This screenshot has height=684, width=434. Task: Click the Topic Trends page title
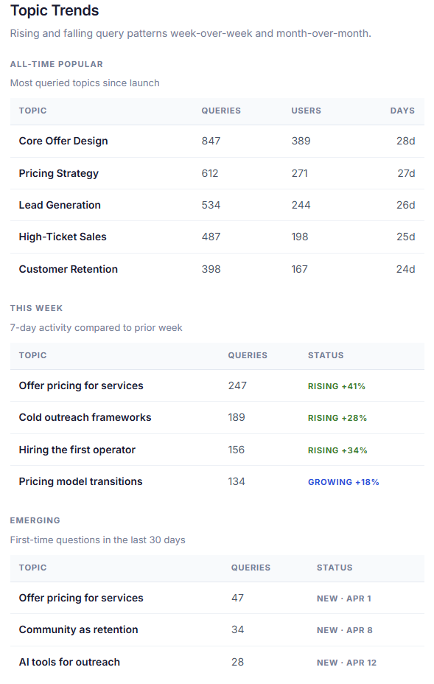pyautogui.click(x=55, y=11)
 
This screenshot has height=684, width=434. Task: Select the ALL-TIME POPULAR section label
pyautogui.click(x=57, y=64)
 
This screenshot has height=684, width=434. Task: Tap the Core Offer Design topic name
pyautogui.click(x=63, y=141)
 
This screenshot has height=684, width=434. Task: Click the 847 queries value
pyautogui.click(x=211, y=141)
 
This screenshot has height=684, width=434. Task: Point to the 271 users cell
pyautogui.click(x=299, y=173)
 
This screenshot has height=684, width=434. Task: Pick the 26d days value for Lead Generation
pyautogui.click(x=405, y=205)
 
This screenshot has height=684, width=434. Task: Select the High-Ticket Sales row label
pyautogui.click(x=63, y=237)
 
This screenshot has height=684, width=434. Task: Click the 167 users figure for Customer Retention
pyautogui.click(x=299, y=269)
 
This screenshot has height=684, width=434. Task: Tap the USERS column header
pyautogui.click(x=306, y=111)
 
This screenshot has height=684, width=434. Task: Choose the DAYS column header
pyautogui.click(x=402, y=111)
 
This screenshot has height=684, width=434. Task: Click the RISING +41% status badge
pyautogui.click(x=337, y=386)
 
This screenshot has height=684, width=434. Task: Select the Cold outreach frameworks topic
pyautogui.click(x=85, y=417)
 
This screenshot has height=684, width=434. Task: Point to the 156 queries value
pyautogui.click(x=237, y=450)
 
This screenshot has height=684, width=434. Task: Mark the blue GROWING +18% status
pyautogui.click(x=343, y=482)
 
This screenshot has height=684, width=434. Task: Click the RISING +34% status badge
pyautogui.click(x=337, y=450)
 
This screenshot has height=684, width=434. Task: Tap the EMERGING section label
pyautogui.click(x=35, y=520)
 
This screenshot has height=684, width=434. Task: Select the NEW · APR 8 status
pyautogui.click(x=345, y=630)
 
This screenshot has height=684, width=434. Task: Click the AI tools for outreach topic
pyautogui.click(x=69, y=662)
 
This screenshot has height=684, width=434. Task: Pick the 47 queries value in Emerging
pyautogui.click(x=237, y=598)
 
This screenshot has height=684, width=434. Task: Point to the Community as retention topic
pyautogui.click(x=78, y=629)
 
